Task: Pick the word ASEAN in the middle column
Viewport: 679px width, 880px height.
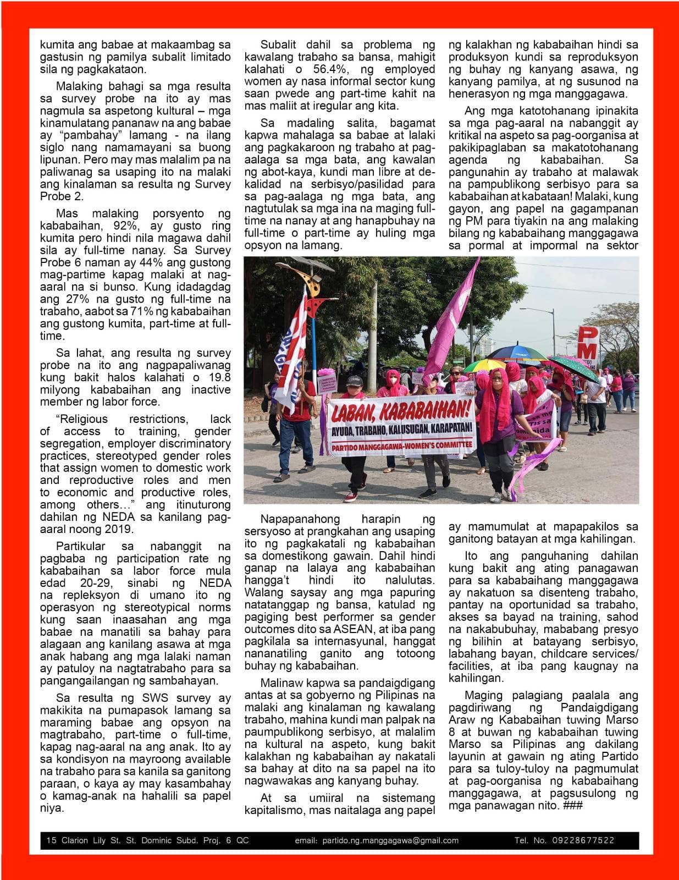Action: [356, 629]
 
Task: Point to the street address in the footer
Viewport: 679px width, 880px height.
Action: [147, 840]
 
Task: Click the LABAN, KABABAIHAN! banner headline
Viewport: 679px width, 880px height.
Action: [401, 410]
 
